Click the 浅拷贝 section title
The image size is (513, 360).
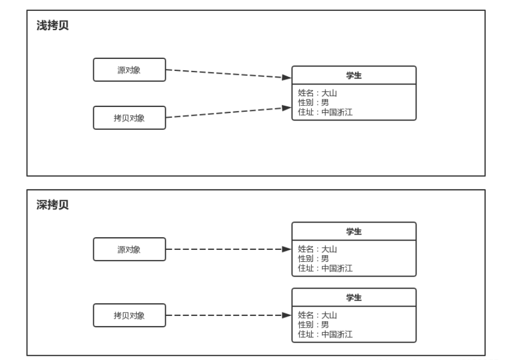[52, 27]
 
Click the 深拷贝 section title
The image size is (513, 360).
[52, 206]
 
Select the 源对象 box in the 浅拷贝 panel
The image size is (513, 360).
[129, 70]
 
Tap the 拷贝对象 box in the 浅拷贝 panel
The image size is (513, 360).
[129, 118]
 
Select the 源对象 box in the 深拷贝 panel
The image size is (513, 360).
[129, 249]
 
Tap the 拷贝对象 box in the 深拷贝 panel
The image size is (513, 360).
[129, 315]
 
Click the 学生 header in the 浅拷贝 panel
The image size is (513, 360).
[354, 75]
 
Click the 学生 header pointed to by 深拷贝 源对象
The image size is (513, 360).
[354, 231]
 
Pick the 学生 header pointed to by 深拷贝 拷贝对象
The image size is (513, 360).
[354, 297]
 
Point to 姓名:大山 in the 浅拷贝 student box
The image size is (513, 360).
[318, 93]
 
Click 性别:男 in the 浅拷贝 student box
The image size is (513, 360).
[313, 103]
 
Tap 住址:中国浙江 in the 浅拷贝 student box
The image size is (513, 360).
[325, 112]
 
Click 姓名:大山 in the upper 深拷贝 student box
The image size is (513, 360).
[318, 249]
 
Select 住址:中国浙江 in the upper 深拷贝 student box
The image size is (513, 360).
[325, 268]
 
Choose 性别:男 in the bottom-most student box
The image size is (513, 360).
[313, 325]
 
